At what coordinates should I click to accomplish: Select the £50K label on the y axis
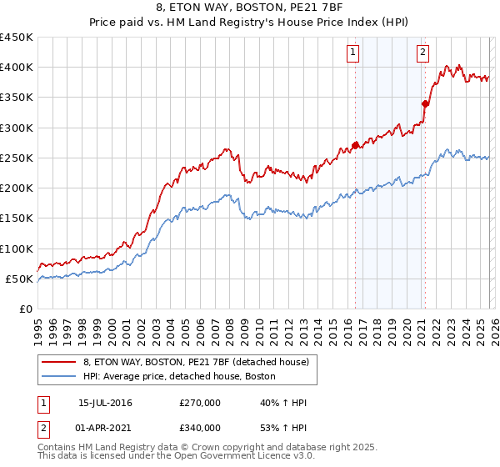19,279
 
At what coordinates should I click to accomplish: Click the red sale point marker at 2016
355,145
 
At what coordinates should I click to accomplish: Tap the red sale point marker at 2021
425,103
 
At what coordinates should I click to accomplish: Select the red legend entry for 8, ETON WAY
196,362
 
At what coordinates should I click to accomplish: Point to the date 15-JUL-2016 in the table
105,403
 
